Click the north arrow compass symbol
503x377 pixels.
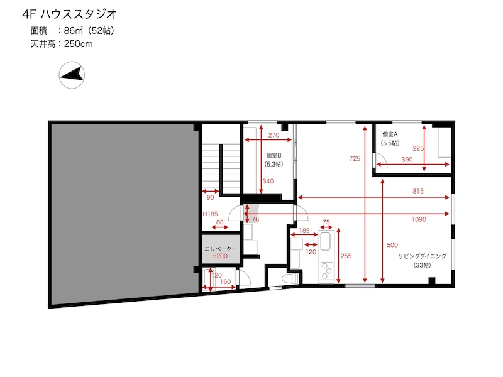[x=72, y=75]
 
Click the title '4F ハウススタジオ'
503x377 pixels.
[x=69, y=14]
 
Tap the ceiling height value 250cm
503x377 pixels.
[x=78, y=44]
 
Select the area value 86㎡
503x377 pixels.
[x=74, y=30]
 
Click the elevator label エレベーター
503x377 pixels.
[x=221, y=249]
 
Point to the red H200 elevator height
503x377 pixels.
[x=219, y=256]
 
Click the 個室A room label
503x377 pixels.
[x=390, y=134]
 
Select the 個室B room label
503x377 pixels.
[x=274, y=155]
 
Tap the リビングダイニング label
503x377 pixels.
[x=422, y=256]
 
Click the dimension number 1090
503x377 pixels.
[x=419, y=219]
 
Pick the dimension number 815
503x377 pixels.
[x=418, y=191]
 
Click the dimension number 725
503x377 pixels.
[x=355, y=158]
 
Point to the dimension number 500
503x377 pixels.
[x=392, y=245]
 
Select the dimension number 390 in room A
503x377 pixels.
[x=407, y=160]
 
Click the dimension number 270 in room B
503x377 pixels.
[x=274, y=135]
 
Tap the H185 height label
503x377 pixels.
[x=210, y=214]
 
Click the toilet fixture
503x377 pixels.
[x=292, y=278]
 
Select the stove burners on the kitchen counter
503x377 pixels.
[x=327, y=271]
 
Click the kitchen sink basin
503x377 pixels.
[x=326, y=241]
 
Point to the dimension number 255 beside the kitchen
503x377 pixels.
[x=346, y=256]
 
